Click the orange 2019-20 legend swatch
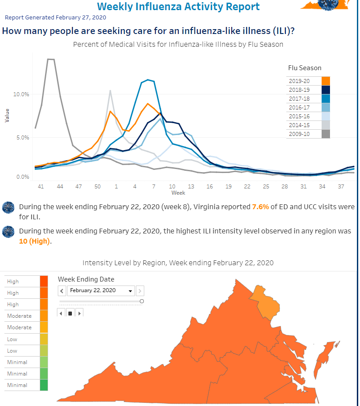point(326,81)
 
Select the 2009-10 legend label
point(299,134)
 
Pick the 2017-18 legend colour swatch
point(326,99)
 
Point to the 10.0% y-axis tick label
point(21,94)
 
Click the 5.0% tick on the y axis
point(23,138)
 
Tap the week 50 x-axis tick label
point(97,186)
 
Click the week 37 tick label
point(341,186)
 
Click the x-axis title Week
point(178,193)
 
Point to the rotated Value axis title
point(7,116)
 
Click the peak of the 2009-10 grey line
point(51,59)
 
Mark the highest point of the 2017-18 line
point(148,80)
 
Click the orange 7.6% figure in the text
point(260,207)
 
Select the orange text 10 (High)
point(34,241)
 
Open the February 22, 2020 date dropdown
point(101,290)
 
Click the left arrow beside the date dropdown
point(62,291)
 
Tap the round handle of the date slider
point(142,301)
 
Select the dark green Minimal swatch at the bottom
point(44,385)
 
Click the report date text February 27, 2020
point(81,18)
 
